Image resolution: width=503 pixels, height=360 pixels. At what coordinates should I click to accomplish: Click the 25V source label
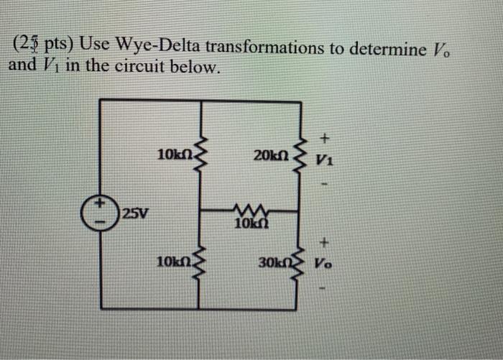pyautogui.click(x=135, y=213)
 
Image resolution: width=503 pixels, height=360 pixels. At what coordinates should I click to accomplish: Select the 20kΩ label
pyautogui.click(x=271, y=154)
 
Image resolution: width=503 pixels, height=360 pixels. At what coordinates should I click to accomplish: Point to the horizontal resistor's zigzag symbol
pyautogui.click(x=249, y=211)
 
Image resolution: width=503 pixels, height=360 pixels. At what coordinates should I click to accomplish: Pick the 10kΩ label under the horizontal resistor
pyautogui.click(x=249, y=224)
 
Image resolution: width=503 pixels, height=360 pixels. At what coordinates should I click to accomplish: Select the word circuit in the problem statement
pyautogui.click(x=143, y=68)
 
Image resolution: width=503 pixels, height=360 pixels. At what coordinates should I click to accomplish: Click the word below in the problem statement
pyautogui.click(x=195, y=68)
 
